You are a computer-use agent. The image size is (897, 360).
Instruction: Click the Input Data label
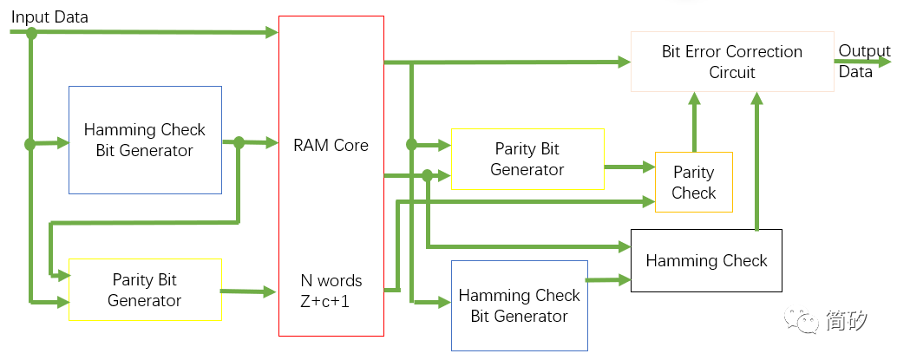[49, 16]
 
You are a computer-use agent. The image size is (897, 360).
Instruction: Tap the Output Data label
[862, 62]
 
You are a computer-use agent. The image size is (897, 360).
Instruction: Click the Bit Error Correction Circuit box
[731, 62]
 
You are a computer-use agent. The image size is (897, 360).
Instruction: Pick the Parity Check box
[693, 182]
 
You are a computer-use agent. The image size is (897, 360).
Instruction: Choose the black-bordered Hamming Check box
[706, 260]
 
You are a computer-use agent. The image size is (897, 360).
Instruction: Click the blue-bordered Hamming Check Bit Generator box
[519, 306]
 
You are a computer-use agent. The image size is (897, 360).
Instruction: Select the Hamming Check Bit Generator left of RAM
[145, 140]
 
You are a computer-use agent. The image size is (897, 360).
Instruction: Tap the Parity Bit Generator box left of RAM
[145, 290]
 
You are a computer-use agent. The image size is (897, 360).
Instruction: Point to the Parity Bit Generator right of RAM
[527, 160]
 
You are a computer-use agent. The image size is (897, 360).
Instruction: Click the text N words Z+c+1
[331, 291]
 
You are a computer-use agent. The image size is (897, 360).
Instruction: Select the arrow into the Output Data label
[863, 62]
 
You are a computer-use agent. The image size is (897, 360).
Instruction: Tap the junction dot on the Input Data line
[32, 33]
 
